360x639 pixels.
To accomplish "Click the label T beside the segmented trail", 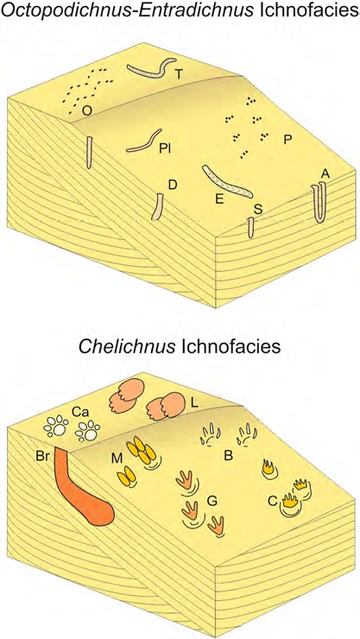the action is pyautogui.click(x=178, y=73).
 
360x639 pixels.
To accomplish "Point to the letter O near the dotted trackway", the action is pyautogui.click(x=86, y=110).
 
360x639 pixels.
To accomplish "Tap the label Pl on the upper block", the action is pyautogui.click(x=165, y=149).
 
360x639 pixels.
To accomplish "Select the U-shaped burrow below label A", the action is pyautogui.click(x=319, y=202).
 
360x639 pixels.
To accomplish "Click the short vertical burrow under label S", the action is pyautogui.click(x=251, y=227).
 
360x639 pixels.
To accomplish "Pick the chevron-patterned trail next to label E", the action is pyautogui.click(x=227, y=181).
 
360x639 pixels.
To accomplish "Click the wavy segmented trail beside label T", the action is pyautogui.click(x=151, y=67).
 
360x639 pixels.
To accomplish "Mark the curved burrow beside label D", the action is pyautogui.click(x=157, y=206).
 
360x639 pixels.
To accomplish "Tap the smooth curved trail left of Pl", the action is pyautogui.click(x=144, y=141).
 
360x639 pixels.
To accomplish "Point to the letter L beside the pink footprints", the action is pyautogui.click(x=194, y=403).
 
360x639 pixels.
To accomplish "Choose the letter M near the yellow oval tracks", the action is pyautogui.click(x=117, y=459).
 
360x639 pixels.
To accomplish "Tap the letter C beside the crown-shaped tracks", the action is pyautogui.click(x=273, y=500).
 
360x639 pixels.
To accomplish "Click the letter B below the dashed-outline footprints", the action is pyautogui.click(x=229, y=456).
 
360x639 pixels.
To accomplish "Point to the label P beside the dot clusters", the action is pyautogui.click(x=288, y=140).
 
